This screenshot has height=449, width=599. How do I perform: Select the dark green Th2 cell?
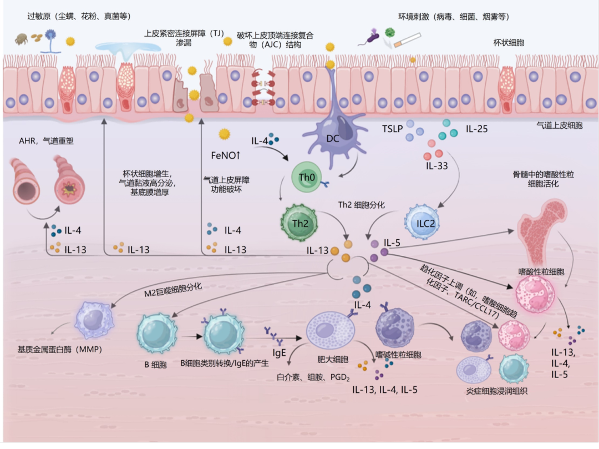[x=298, y=221]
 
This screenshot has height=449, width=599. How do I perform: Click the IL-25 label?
[x=476, y=129]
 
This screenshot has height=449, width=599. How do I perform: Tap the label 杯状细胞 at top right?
[x=509, y=42]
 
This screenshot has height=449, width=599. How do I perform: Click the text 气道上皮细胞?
[x=560, y=125]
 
